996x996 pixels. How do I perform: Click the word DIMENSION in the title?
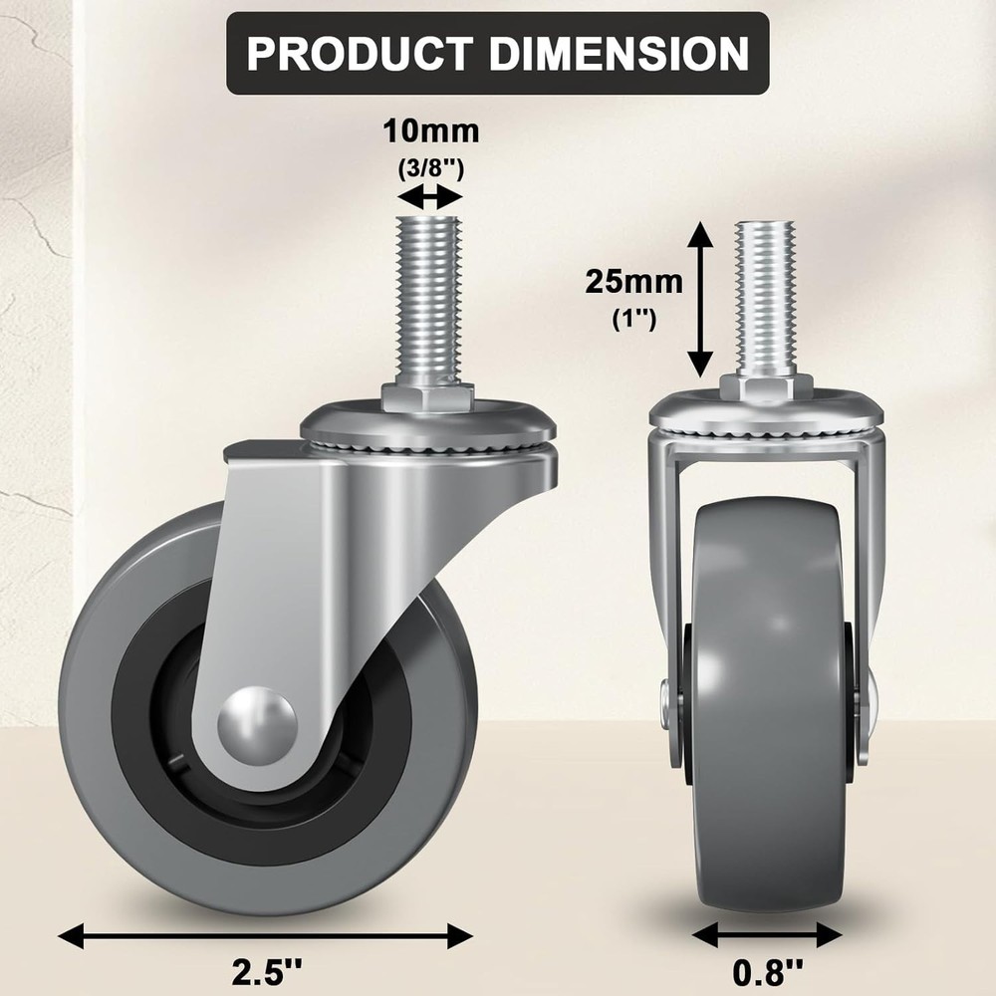620,53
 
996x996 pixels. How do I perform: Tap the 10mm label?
431,130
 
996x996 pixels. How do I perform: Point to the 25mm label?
633,282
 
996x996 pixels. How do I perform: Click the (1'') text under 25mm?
633,322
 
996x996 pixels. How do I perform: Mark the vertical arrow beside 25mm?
702,299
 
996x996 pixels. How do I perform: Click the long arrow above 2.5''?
265,934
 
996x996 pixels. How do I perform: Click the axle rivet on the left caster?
257,715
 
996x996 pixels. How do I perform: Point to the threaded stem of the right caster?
765,295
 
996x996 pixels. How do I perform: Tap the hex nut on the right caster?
765,386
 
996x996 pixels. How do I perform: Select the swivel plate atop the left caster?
427,428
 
